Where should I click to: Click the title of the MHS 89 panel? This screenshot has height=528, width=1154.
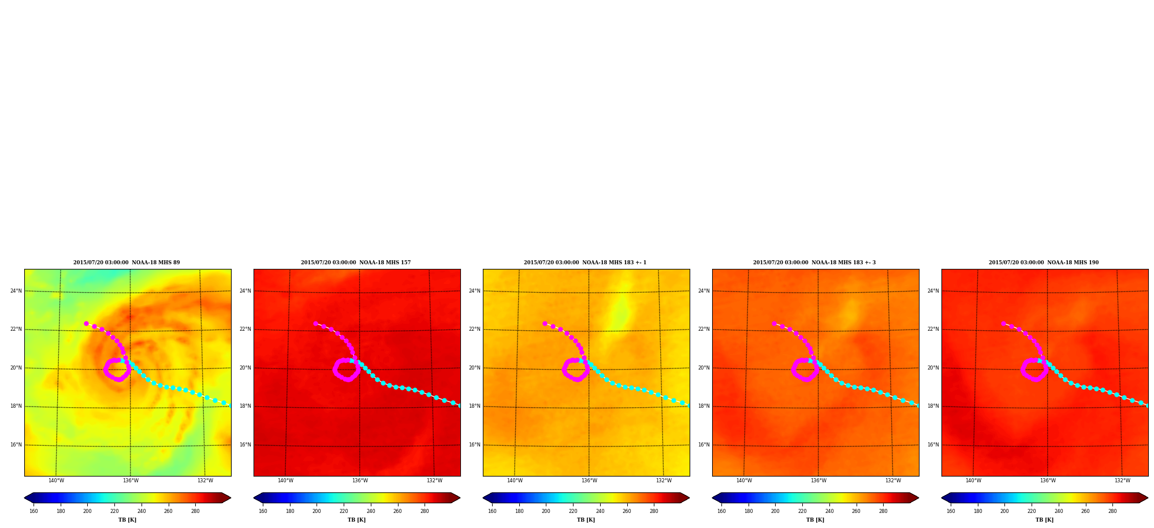(126, 263)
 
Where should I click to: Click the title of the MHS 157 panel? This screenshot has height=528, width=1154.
(356, 263)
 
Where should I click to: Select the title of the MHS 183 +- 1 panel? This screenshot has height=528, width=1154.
(585, 263)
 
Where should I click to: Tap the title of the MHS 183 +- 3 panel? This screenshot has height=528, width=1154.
(814, 263)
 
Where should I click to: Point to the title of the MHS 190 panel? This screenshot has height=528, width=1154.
(1044, 263)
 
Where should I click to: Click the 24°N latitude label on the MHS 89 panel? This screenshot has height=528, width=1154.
(16, 291)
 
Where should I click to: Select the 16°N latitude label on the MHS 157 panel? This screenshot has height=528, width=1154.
(245, 445)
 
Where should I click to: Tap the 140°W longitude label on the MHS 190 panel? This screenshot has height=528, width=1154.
(973, 481)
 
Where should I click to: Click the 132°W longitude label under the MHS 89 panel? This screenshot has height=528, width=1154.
(205, 481)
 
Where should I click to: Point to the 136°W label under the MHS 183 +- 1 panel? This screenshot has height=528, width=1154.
(589, 481)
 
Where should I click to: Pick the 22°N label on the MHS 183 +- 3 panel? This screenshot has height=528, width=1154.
(704, 329)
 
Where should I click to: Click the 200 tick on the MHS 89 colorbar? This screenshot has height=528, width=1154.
(87, 511)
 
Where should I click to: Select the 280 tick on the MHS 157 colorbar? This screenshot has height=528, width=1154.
(425, 511)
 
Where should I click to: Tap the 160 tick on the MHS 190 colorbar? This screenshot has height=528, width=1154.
(951, 511)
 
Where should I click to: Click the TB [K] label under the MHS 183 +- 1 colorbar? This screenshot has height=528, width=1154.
(586, 520)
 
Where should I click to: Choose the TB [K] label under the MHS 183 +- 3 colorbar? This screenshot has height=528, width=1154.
(815, 520)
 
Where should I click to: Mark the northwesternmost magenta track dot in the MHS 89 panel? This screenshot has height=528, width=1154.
(86, 324)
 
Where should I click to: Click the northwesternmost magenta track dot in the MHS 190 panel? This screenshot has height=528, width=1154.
(1003, 324)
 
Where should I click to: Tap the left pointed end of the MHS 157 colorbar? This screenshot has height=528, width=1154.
(254, 498)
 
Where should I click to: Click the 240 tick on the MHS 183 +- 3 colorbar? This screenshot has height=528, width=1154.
(829, 511)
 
